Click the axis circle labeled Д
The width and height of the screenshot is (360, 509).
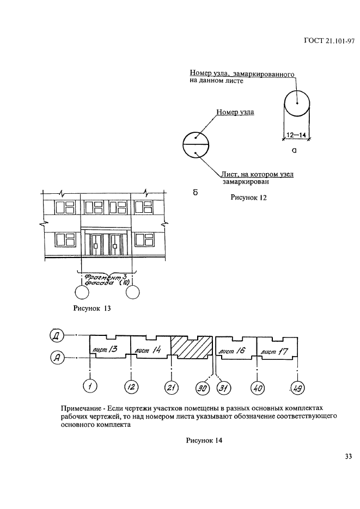click(57, 335)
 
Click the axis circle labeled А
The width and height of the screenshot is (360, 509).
click(57, 358)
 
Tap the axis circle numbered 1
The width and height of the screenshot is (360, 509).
click(90, 387)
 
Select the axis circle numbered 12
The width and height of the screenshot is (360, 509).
click(131, 387)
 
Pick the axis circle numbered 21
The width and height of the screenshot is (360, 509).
click(171, 387)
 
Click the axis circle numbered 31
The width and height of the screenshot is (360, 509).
click(223, 388)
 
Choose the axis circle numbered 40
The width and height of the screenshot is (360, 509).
click(258, 388)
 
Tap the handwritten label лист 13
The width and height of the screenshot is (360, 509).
click(105, 349)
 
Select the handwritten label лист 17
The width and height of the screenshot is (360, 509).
click(274, 351)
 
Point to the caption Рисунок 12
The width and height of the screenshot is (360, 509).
click(248, 198)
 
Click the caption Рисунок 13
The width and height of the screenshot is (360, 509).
click(92, 308)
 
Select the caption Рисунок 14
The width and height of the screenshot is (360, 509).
click(204, 440)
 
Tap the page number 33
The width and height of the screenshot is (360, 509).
click(349, 457)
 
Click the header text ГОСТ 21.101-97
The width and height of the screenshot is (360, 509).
click(329, 41)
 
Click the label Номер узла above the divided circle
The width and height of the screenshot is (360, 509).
click(235, 112)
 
